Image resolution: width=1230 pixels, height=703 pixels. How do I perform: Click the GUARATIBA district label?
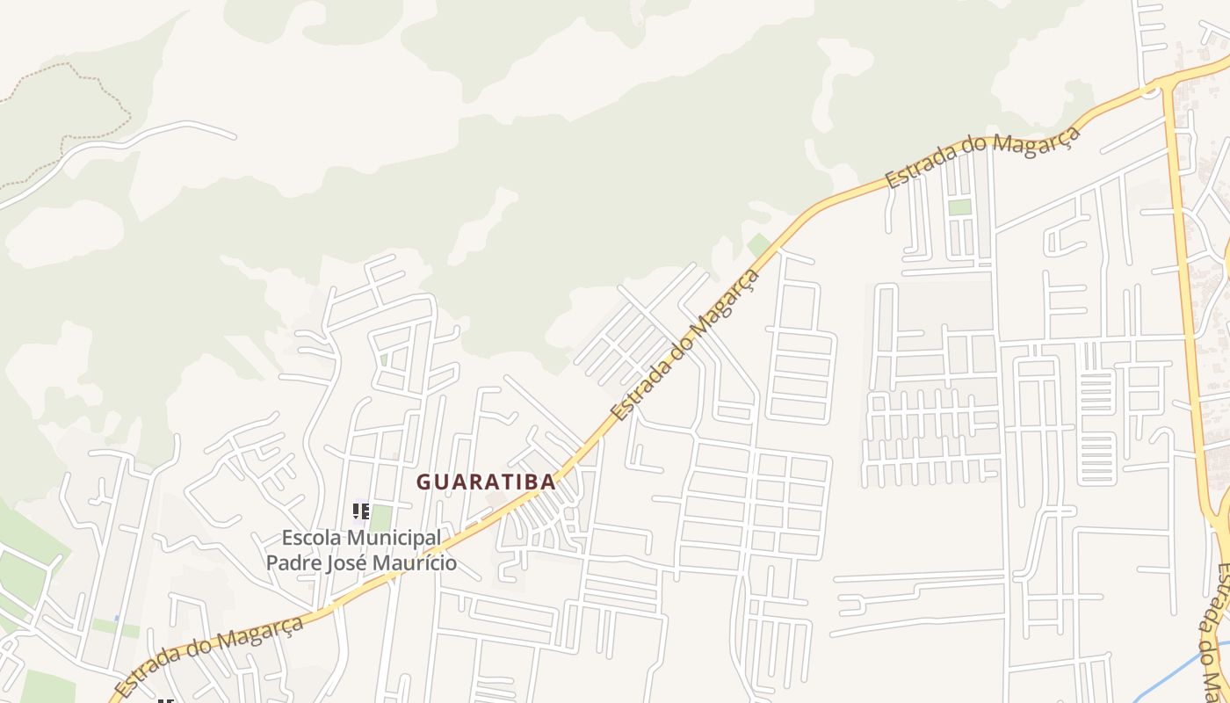[x=486, y=482]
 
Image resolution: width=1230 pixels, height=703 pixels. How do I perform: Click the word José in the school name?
[x=349, y=562]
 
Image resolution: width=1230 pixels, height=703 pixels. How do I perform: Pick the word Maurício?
[x=416, y=562]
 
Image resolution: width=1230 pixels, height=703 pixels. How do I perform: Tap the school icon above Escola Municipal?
[x=360, y=511]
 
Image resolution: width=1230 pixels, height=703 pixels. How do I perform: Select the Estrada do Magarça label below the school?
[x=209, y=656]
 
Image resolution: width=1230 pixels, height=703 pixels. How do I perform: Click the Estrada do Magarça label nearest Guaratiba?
[x=685, y=345]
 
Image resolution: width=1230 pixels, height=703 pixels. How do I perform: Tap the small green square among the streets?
[x=959, y=207]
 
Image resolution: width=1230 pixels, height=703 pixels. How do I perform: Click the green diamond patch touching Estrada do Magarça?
[x=758, y=245]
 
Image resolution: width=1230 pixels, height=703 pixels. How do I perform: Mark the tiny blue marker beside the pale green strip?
[x=117, y=619]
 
